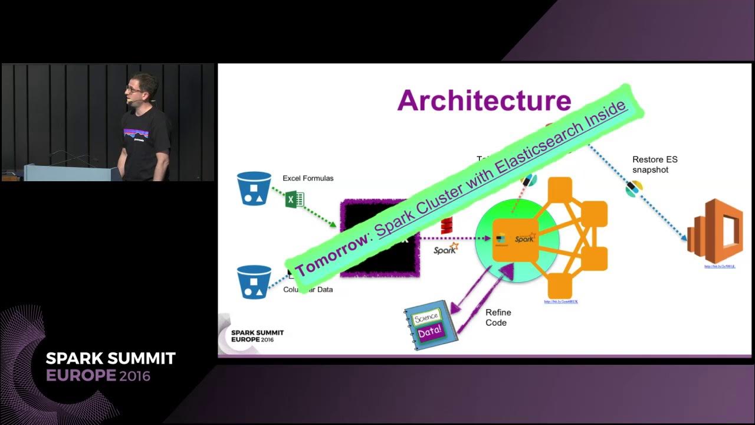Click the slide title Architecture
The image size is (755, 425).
[x=484, y=100]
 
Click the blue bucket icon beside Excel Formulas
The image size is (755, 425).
[x=254, y=188]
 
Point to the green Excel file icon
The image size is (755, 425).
[x=294, y=199]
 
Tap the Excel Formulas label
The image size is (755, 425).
[x=308, y=178]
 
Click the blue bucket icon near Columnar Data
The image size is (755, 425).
[x=254, y=281]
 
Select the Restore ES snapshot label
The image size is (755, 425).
[x=654, y=165]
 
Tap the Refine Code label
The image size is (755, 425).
[x=498, y=318]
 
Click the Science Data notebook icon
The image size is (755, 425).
[x=431, y=329]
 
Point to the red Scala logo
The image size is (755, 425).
[x=447, y=225]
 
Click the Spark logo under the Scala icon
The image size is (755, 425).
[x=446, y=249]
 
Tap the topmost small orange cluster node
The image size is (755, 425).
[x=560, y=188]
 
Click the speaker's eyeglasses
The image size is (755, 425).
[x=133, y=89]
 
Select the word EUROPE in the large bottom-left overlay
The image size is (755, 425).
[x=81, y=375]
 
